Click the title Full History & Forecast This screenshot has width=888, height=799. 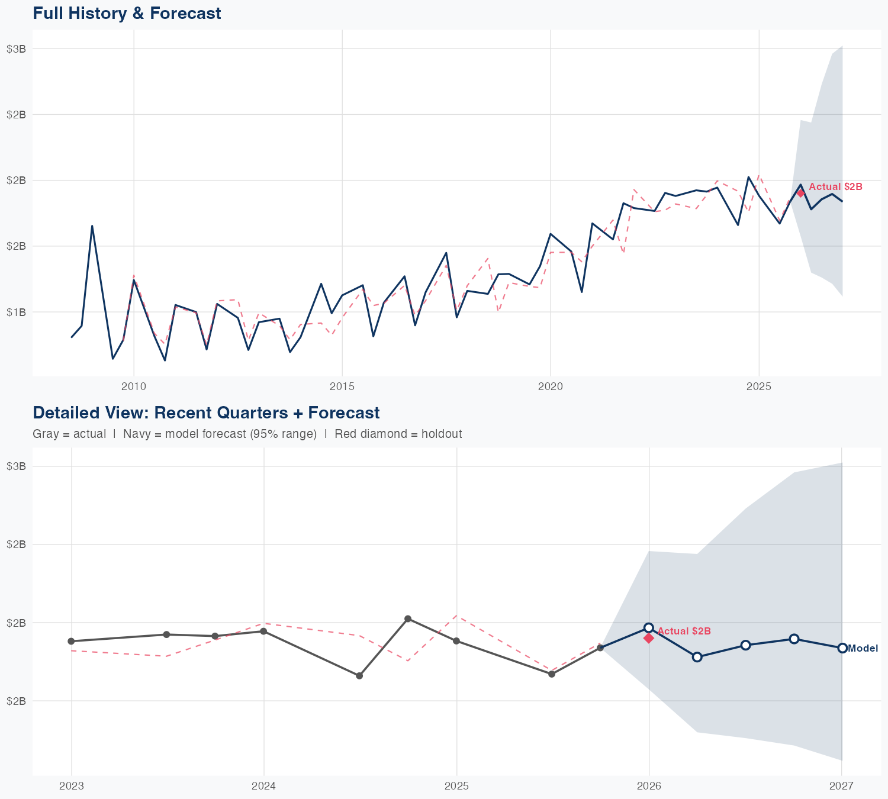tap(127, 13)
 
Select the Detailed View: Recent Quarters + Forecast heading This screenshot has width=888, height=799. tap(206, 413)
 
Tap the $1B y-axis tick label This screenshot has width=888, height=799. tap(16, 312)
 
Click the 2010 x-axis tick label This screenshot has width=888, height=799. tap(134, 386)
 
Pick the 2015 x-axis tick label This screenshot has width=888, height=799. tap(342, 386)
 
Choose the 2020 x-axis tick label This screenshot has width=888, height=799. tap(551, 386)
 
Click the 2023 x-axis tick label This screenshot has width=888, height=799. tap(72, 786)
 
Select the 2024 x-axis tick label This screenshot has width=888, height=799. tap(264, 786)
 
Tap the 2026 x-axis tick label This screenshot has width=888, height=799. tap(649, 786)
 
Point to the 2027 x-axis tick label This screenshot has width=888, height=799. tap(841, 786)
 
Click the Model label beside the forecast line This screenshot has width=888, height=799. tap(863, 649)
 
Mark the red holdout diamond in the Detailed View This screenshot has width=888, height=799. tap(649, 638)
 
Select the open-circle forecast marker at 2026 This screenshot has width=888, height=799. tap(649, 628)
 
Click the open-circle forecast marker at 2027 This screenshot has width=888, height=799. tap(842, 648)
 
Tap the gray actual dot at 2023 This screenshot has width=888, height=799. tap(71, 641)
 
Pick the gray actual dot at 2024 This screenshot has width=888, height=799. tap(263, 631)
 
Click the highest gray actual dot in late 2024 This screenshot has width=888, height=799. tap(408, 619)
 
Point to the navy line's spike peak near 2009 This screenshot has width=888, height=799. tap(92, 225)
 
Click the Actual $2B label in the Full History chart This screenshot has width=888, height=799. tap(835, 187)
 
